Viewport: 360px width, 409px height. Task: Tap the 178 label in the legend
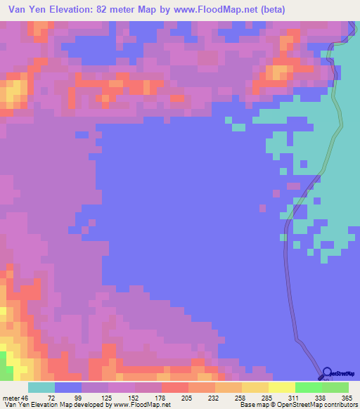pyautogui.click(x=161, y=397)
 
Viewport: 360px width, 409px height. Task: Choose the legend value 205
pyautogui.click(x=188, y=397)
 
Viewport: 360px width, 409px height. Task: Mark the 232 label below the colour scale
pyautogui.click(x=214, y=397)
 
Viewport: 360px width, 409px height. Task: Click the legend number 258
pyautogui.click(x=241, y=397)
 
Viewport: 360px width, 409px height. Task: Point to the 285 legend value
pyautogui.click(x=268, y=397)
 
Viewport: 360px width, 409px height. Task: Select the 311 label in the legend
pyautogui.click(x=295, y=397)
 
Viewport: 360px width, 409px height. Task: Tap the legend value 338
pyautogui.click(x=321, y=397)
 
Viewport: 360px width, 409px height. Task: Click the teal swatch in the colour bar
pyautogui.click(x=41, y=387)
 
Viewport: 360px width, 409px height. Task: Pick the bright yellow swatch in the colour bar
pyautogui.click(x=281, y=387)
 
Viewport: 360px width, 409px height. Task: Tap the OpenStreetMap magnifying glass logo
pyautogui.click(x=328, y=373)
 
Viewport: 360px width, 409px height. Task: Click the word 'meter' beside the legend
pyautogui.click(x=10, y=397)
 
